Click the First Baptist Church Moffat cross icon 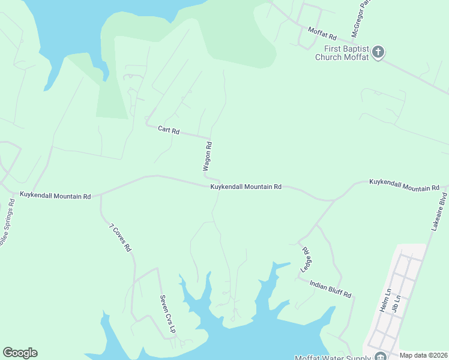point(378,52)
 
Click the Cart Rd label point(169,130)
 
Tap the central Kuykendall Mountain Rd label point(246,187)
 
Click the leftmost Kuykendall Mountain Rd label point(55,196)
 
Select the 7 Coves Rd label point(120,237)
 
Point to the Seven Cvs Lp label point(167,314)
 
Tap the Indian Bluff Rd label point(331,288)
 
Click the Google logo point(20,353)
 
